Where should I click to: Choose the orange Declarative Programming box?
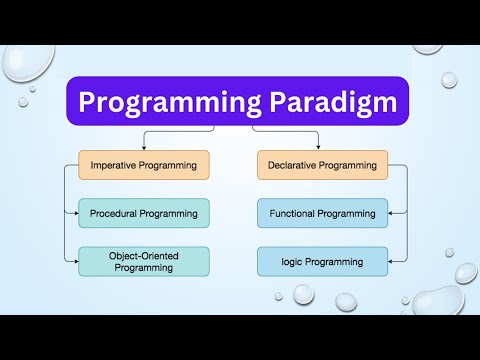point(322,165)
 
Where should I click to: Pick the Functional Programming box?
point(322,212)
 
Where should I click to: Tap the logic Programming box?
point(322,261)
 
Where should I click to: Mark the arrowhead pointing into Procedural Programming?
point(75,212)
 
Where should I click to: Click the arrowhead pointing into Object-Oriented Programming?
point(75,261)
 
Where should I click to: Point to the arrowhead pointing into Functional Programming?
point(390,212)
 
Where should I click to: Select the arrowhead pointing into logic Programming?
point(390,261)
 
